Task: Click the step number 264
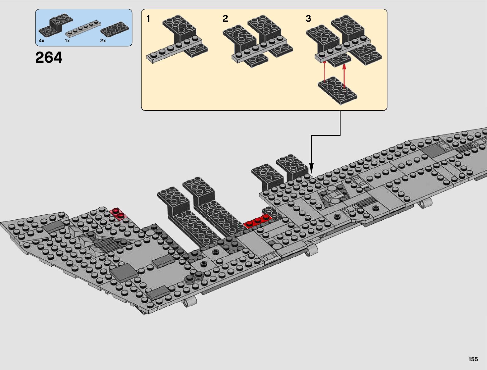49,58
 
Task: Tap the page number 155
473,359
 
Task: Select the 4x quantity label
42,41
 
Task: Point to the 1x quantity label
67,41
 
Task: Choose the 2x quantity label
103,41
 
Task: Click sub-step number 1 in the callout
148,19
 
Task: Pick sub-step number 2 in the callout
225,19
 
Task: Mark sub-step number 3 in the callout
308,19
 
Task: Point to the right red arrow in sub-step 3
344,75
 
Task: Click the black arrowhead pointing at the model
311,170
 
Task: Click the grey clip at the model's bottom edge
190,301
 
